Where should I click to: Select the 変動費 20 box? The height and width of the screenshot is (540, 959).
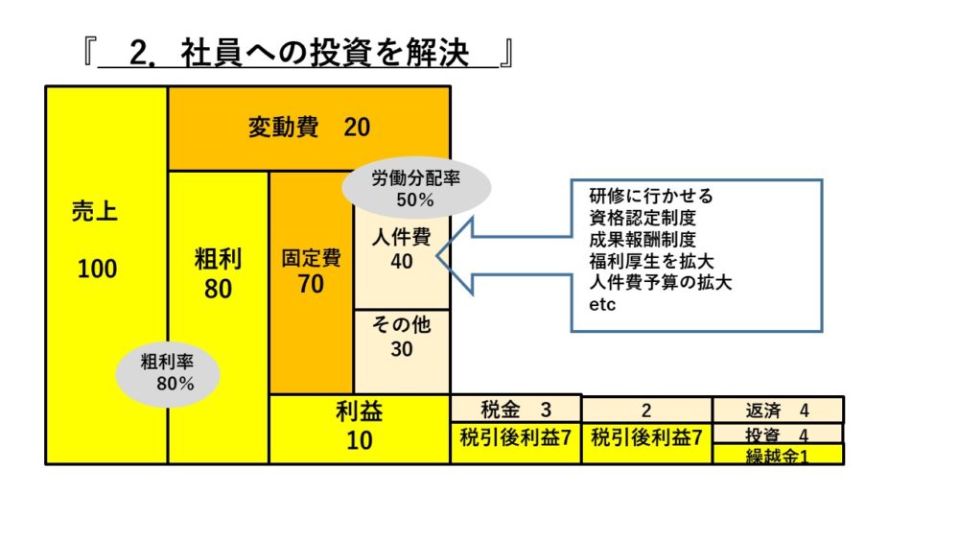click(x=309, y=128)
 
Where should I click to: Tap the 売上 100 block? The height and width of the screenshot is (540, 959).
click(x=97, y=240)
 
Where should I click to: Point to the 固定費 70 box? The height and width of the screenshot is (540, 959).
click(x=311, y=271)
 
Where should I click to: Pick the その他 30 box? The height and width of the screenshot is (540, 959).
click(x=402, y=337)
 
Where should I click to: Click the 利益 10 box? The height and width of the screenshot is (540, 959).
click(x=360, y=428)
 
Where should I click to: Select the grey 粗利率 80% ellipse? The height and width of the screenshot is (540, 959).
click(x=168, y=373)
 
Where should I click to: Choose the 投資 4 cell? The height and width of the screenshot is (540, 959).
click(x=778, y=434)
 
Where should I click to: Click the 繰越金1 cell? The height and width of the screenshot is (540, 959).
click(x=778, y=456)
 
